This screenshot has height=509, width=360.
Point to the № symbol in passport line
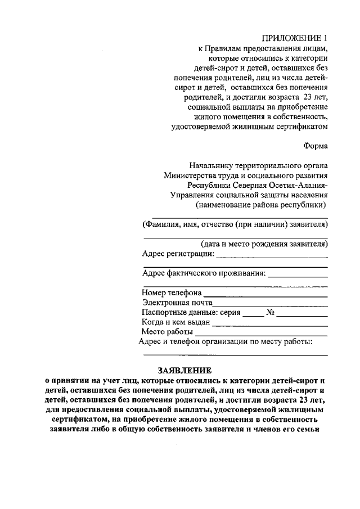(270, 312)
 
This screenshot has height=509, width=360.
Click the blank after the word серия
(253, 313)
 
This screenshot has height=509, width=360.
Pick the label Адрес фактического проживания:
(204, 273)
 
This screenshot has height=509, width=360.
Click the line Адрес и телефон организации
(225, 341)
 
